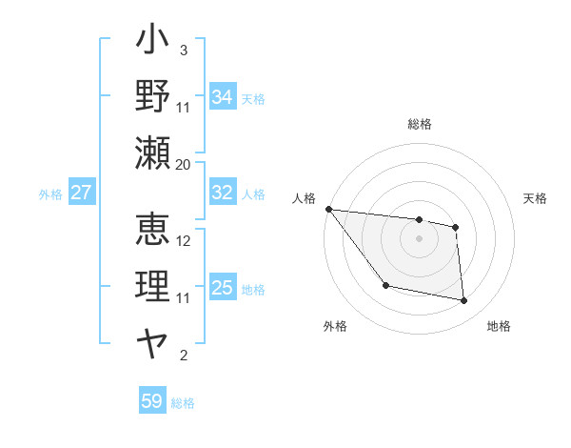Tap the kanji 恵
coord(153,230)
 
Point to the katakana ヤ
coord(153,340)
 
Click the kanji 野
coord(153,96)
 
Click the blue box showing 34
coord(222,96)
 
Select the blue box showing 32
coord(222,193)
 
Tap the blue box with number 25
coord(222,288)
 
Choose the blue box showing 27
coord(81,193)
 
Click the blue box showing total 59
coord(151,401)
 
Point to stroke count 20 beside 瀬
coord(184,164)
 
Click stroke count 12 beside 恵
coord(184,240)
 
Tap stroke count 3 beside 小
coord(183,50)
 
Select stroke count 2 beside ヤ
coord(184,356)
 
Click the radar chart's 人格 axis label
coord(305,197)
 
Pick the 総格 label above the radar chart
coord(420,124)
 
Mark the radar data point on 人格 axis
coord(328,209)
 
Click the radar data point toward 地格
coord(463,301)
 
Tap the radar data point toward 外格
coord(385,285)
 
